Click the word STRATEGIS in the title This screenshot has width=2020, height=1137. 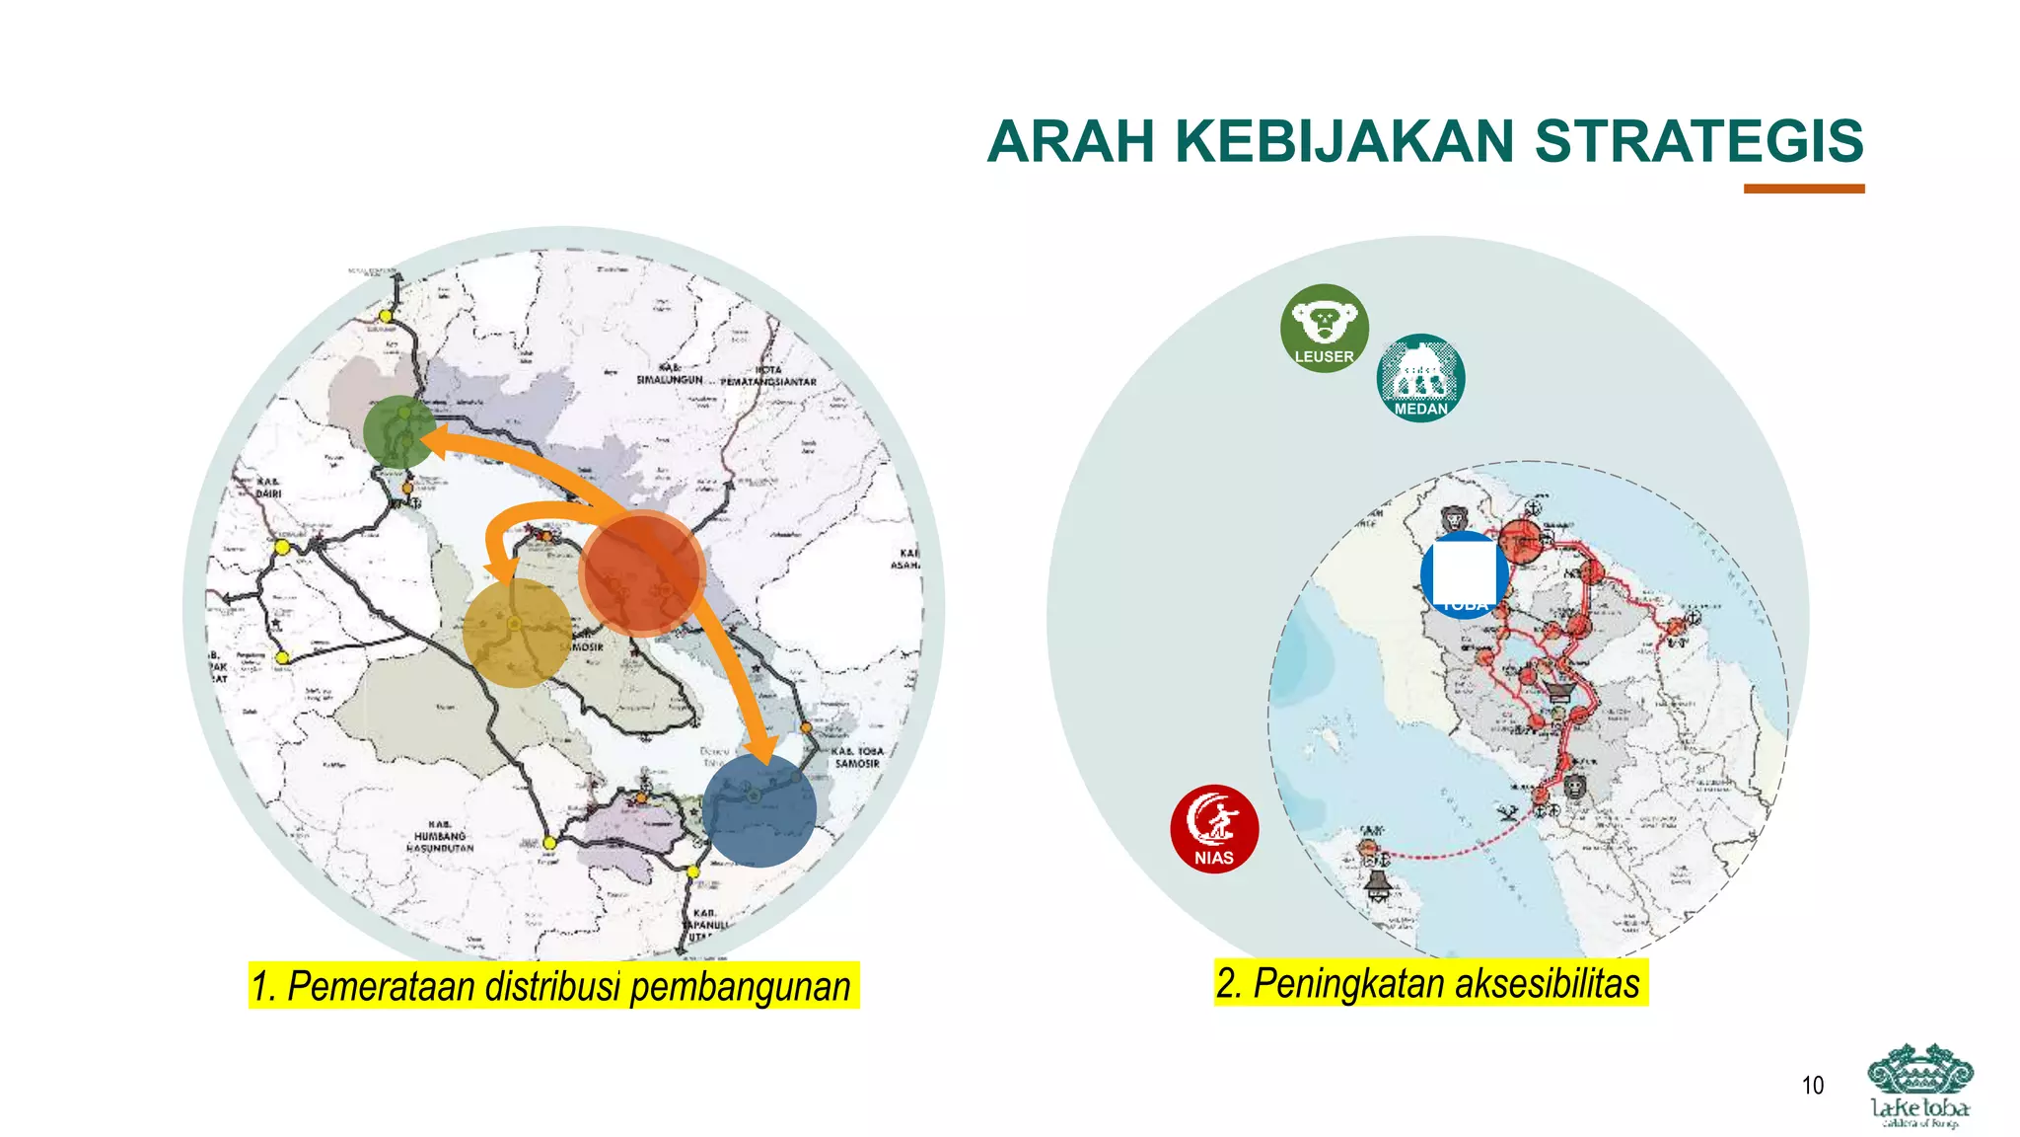(x=1698, y=141)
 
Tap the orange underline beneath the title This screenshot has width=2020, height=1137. (x=1803, y=189)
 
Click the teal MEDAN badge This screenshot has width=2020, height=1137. (x=1420, y=378)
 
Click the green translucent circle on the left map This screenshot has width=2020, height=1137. (x=398, y=431)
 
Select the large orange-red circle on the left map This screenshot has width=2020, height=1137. (x=641, y=573)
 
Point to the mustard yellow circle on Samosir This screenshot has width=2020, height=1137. (x=516, y=633)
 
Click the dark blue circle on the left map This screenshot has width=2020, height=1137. (x=759, y=810)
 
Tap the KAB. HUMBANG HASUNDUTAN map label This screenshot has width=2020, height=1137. (x=441, y=836)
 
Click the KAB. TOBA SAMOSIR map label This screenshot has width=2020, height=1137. (x=857, y=757)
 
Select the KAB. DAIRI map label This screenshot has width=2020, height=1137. (x=268, y=488)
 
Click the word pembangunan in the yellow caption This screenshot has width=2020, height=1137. (x=740, y=986)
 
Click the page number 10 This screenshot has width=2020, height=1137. (x=1812, y=1086)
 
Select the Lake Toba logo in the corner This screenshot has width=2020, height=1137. (x=1919, y=1086)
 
